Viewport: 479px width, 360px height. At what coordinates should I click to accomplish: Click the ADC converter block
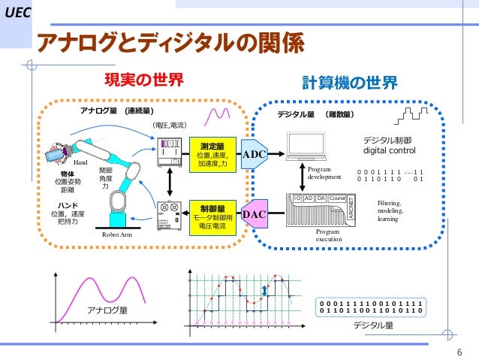[256, 153]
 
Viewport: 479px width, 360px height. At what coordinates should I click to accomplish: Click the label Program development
[324, 173]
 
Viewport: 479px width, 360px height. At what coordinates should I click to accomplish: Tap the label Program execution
[329, 236]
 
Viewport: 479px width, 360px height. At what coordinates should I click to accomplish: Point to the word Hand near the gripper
[81, 162]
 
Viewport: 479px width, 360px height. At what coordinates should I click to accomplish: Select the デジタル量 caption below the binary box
[373, 325]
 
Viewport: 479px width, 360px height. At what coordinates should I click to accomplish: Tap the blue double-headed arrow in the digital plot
[264, 292]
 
